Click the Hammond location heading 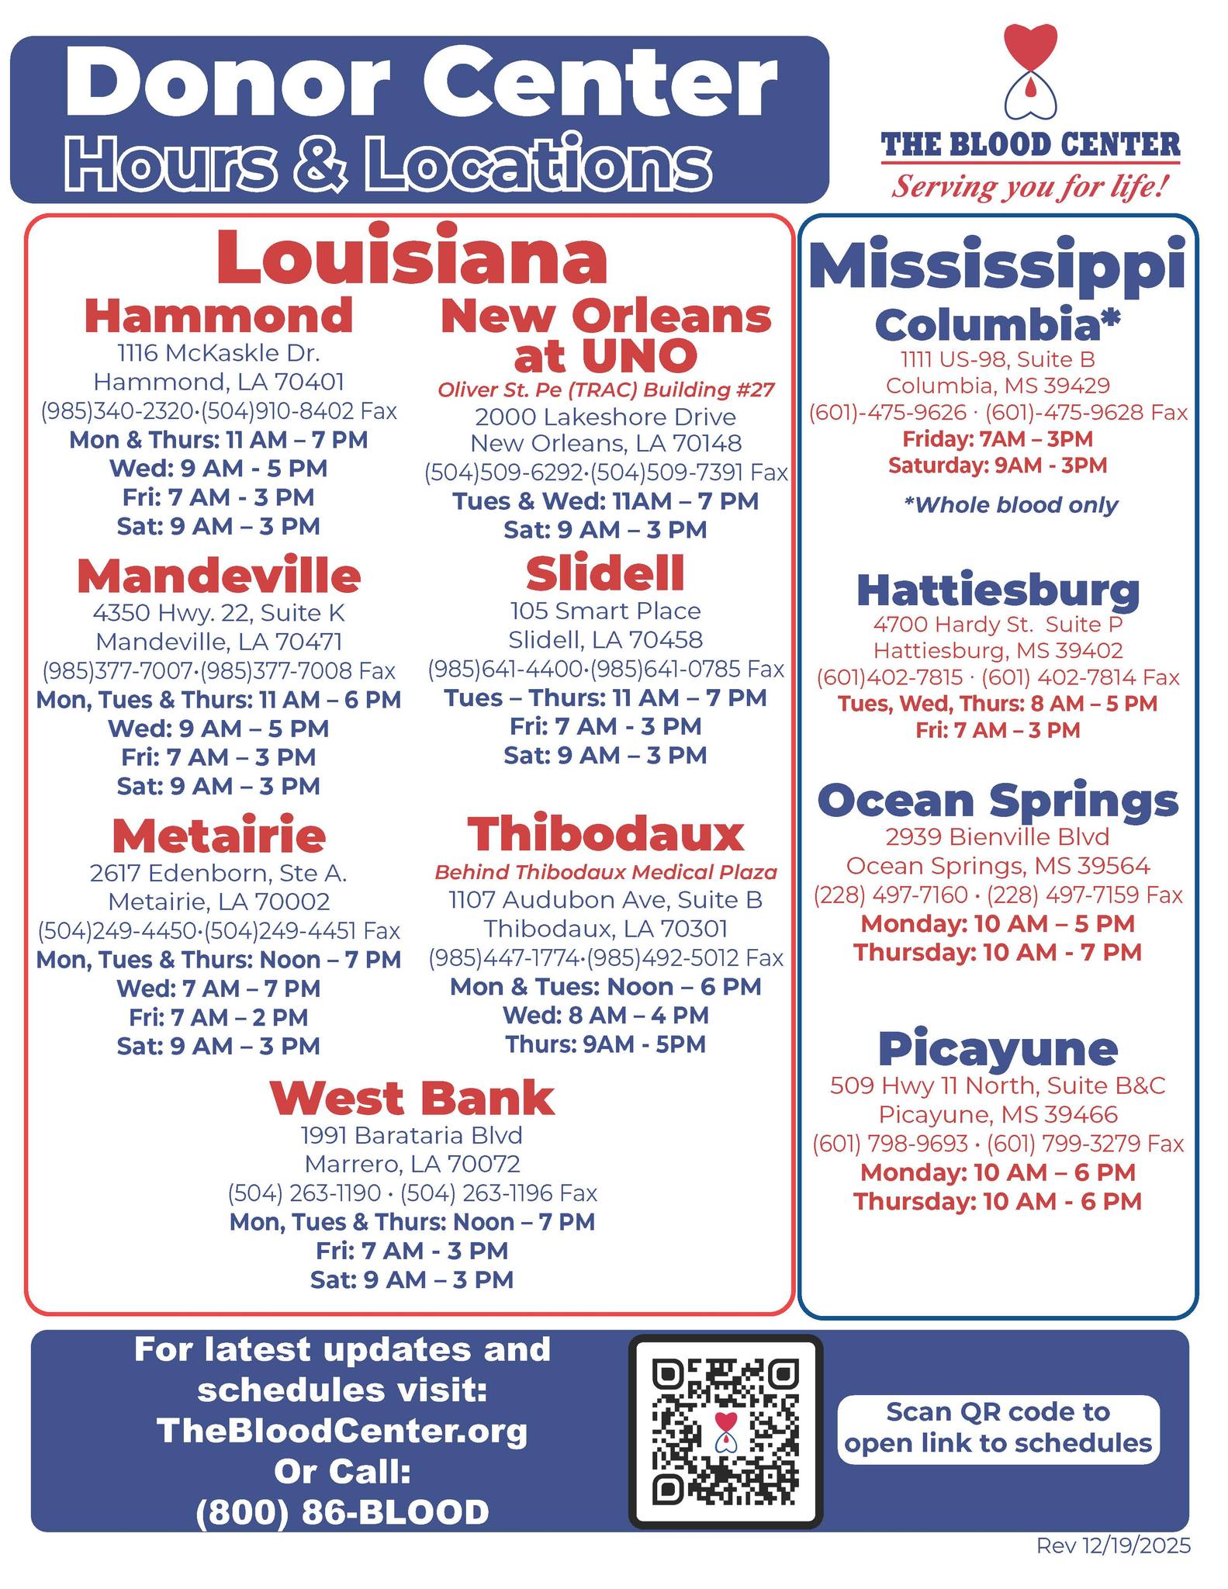point(219,316)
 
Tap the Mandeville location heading point(219,576)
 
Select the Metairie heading point(219,836)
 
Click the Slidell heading point(605,574)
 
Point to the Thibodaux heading point(605,835)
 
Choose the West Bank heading point(412,1099)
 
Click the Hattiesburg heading point(998,590)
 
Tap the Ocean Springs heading point(998,801)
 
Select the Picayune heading point(998,1049)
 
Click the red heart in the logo point(1030,47)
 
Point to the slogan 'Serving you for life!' point(1030,187)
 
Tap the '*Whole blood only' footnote point(1011,505)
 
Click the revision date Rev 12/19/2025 point(1113,1546)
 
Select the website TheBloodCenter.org point(342,1430)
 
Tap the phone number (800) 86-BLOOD point(342,1512)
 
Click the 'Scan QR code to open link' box point(998,1428)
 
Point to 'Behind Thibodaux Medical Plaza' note point(605,872)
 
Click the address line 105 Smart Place point(605,611)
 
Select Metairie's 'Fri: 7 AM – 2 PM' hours point(219,1017)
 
